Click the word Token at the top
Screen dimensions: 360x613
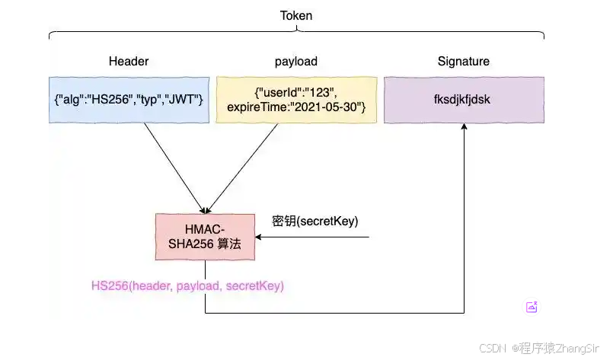pyautogui.click(x=296, y=14)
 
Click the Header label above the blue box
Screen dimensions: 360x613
pyautogui.click(x=129, y=61)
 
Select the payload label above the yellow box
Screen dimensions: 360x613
pyautogui.click(x=296, y=61)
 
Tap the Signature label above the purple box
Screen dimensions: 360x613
pyautogui.click(x=463, y=61)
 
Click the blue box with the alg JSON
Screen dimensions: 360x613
pyautogui.click(x=129, y=100)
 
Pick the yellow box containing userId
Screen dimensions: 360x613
pyautogui.click(x=296, y=100)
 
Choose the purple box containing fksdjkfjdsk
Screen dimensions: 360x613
pyautogui.click(x=464, y=100)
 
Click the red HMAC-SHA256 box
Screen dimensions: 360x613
pyautogui.click(x=205, y=237)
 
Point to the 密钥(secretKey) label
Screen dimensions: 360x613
pyautogui.click(x=314, y=221)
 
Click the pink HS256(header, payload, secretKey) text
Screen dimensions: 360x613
pyautogui.click(x=187, y=286)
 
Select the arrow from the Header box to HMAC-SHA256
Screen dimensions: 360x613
pyautogui.click(x=174, y=167)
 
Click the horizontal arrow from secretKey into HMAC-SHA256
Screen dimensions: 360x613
pyautogui.click(x=312, y=237)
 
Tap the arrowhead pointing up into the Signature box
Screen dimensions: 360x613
pyautogui.click(x=464, y=129)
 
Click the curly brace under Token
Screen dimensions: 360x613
pyautogui.click(x=296, y=32)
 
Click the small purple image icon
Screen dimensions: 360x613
pyautogui.click(x=532, y=307)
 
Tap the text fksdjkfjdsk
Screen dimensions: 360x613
pyautogui.click(x=464, y=100)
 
